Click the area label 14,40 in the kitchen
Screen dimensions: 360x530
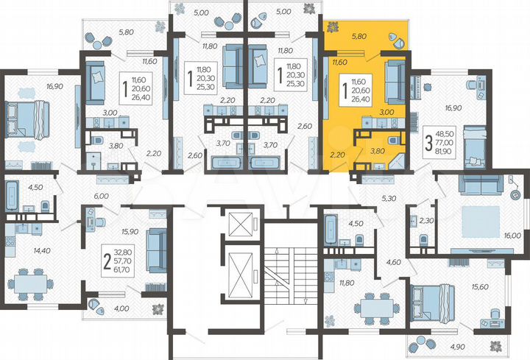tap(21, 250)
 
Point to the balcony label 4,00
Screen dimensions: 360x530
tap(121, 308)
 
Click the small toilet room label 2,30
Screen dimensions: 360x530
tap(425, 219)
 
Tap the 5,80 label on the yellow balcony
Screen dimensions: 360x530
tap(359, 35)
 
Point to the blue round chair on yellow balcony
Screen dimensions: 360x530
tap(398, 38)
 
